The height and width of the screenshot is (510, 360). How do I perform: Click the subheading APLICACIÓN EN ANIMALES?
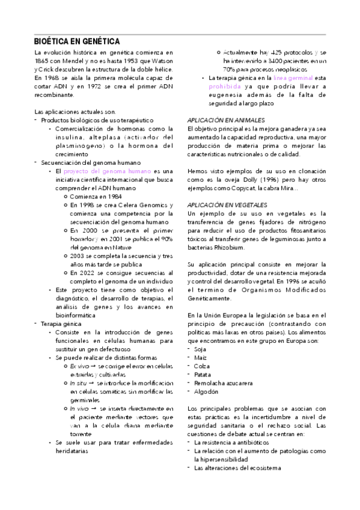coord(225,120)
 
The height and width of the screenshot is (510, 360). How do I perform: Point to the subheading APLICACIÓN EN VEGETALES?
coord(227,204)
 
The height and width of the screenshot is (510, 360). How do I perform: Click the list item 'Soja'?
coord(200,349)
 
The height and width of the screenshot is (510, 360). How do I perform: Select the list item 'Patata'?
coord(203,374)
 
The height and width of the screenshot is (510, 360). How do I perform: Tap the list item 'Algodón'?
coord(206,391)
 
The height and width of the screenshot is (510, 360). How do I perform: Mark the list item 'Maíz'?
coord(200,357)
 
